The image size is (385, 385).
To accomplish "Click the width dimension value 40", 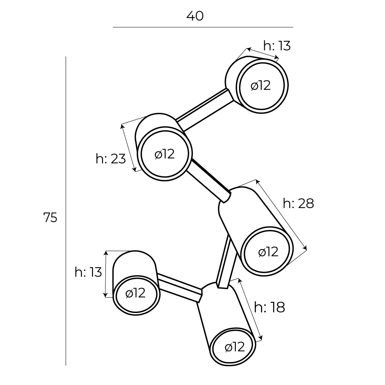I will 195,16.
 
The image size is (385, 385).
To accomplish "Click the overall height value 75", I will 50,218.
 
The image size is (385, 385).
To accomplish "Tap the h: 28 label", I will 298,203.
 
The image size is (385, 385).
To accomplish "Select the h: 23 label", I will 110,158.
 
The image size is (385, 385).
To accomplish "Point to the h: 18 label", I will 269,307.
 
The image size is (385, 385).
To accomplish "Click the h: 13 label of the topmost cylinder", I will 276,46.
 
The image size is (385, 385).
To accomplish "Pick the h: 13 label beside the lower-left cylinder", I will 88,272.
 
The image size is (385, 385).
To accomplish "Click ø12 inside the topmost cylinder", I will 261,85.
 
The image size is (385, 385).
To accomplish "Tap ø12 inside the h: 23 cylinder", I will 164,154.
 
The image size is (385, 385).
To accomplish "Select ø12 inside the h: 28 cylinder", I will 268,252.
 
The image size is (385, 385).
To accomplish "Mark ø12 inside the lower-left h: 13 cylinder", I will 136,293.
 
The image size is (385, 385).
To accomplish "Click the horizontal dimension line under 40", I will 203,27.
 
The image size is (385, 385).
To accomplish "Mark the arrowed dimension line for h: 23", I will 129,147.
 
